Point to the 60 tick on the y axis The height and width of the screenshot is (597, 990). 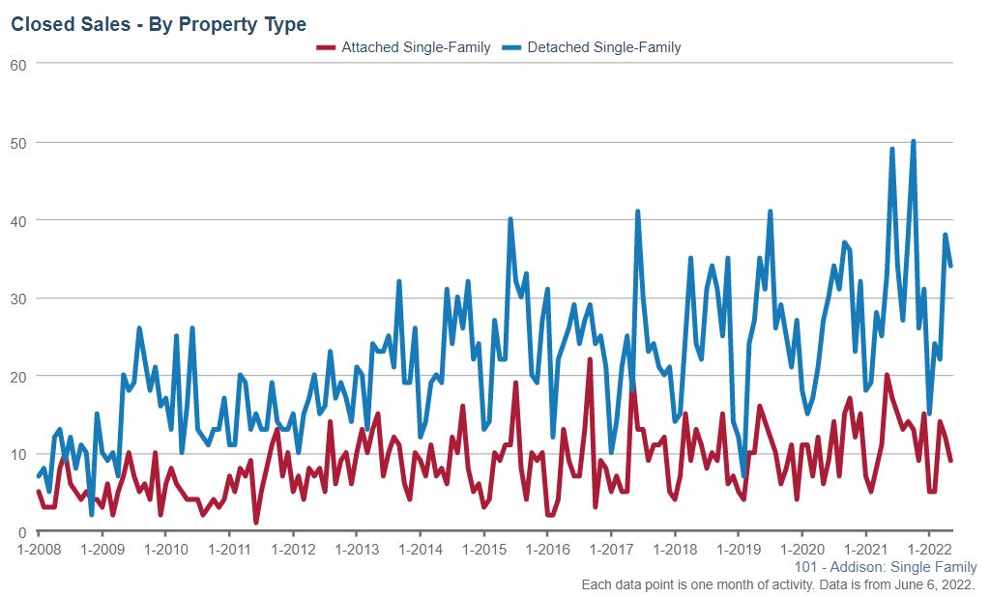pos(18,64)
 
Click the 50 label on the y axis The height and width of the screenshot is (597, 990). pos(18,142)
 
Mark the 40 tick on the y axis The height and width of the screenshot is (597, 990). pos(18,220)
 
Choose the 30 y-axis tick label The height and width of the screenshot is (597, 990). pos(18,298)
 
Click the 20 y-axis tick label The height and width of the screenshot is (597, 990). pos(18,376)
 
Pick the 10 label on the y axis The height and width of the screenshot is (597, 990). pos(18,454)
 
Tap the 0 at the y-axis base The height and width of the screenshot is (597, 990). pos(22,532)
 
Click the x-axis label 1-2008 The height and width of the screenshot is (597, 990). pos(38,550)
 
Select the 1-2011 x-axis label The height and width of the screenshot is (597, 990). pos(228,550)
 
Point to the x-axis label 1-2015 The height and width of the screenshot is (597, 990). pos(483,550)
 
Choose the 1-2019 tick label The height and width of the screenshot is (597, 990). pos(738,550)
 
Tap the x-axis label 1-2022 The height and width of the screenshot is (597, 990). pos(928,550)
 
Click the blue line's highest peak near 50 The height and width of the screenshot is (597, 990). pos(913,142)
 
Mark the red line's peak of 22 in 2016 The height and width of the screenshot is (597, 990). pos(590,360)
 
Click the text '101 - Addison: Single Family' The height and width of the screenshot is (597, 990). pos(886,567)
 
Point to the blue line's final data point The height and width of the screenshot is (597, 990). pos(950,266)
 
